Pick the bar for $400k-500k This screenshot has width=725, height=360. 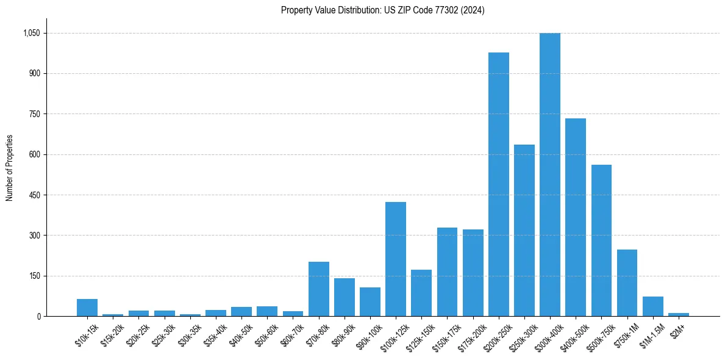pyautogui.click(x=575, y=217)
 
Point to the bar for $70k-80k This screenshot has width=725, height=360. pyautogui.click(x=319, y=289)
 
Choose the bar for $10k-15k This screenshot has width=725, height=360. pyautogui.click(x=87, y=308)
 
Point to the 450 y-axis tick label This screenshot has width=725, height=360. pyautogui.click(x=34, y=195)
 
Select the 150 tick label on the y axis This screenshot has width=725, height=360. pyautogui.click(x=34, y=276)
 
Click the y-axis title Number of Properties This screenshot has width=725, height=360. pyautogui.click(x=9, y=168)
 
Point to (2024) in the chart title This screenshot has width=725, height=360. pyautogui.click(x=473, y=10)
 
